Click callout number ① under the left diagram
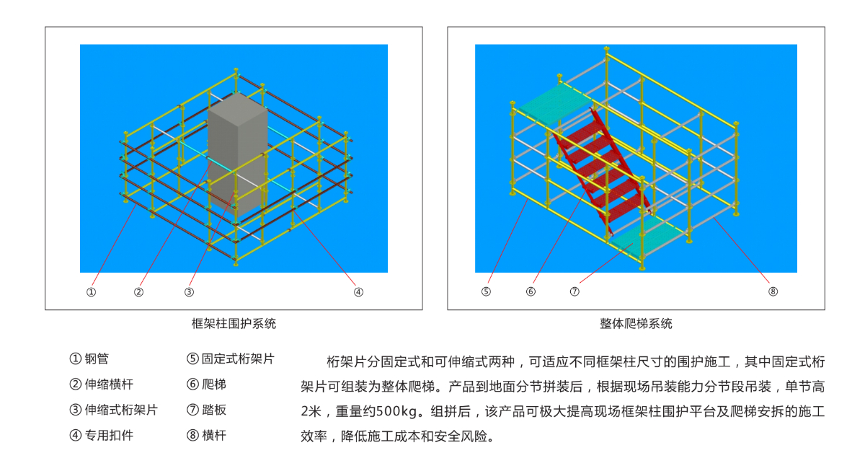click(x=91, y=292)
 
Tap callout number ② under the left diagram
click(x=138, y=292)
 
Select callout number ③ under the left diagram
click(x=189, y=292)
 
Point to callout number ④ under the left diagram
click(x=358, y=292)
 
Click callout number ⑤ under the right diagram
click(x=486, y=291)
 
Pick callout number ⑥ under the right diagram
click(x=531, y=291)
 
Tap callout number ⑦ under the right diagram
click(x=575, y=291)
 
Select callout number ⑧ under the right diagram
click(x=773, y=291)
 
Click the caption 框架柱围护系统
click(x=234, y=323)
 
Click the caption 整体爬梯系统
click(x=636, y=323)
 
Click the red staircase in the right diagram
click(x=603, y=170)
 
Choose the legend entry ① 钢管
click(x=89, y=359)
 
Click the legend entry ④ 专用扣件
click(x=101, y=435)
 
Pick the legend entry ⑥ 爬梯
click(x=206, y=384)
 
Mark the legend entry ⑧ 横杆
click(x=206, y=435)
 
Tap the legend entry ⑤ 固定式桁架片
click(x=231, y=359)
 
